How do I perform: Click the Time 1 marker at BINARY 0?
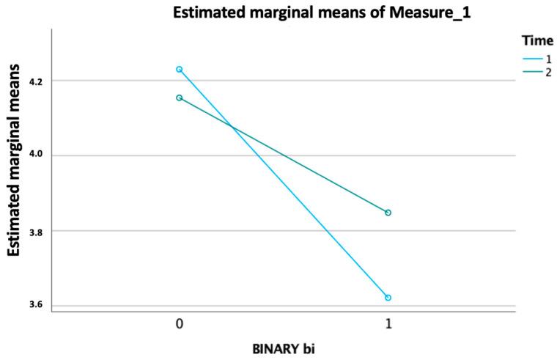pos(179,70)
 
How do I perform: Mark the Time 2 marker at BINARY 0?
pos(179,98)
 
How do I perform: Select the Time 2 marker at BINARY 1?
pos(388,213)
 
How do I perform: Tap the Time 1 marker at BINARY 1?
pos(388,298)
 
